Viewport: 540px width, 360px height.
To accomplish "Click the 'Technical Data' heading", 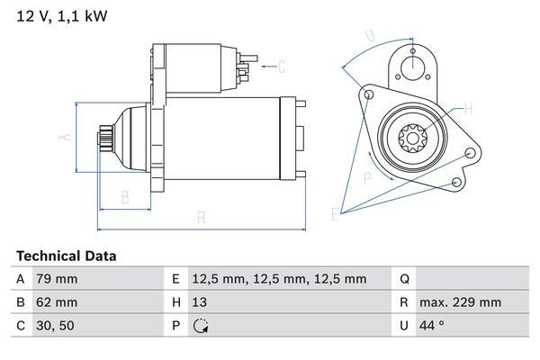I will click(66, 256).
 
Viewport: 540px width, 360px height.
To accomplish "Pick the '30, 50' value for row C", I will click(55, 326).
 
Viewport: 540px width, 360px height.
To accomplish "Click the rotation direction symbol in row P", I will click(201, 326).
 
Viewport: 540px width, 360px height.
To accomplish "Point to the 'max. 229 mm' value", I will click(463, 302).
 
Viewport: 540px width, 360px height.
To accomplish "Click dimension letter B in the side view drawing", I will click(126, 196).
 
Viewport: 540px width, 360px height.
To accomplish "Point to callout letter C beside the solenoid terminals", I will click(281, 66).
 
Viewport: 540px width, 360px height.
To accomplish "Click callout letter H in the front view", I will click(468, 110).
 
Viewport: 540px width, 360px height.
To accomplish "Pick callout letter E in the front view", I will click(335, 213).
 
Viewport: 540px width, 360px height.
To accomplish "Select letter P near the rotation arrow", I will click(368, 178).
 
